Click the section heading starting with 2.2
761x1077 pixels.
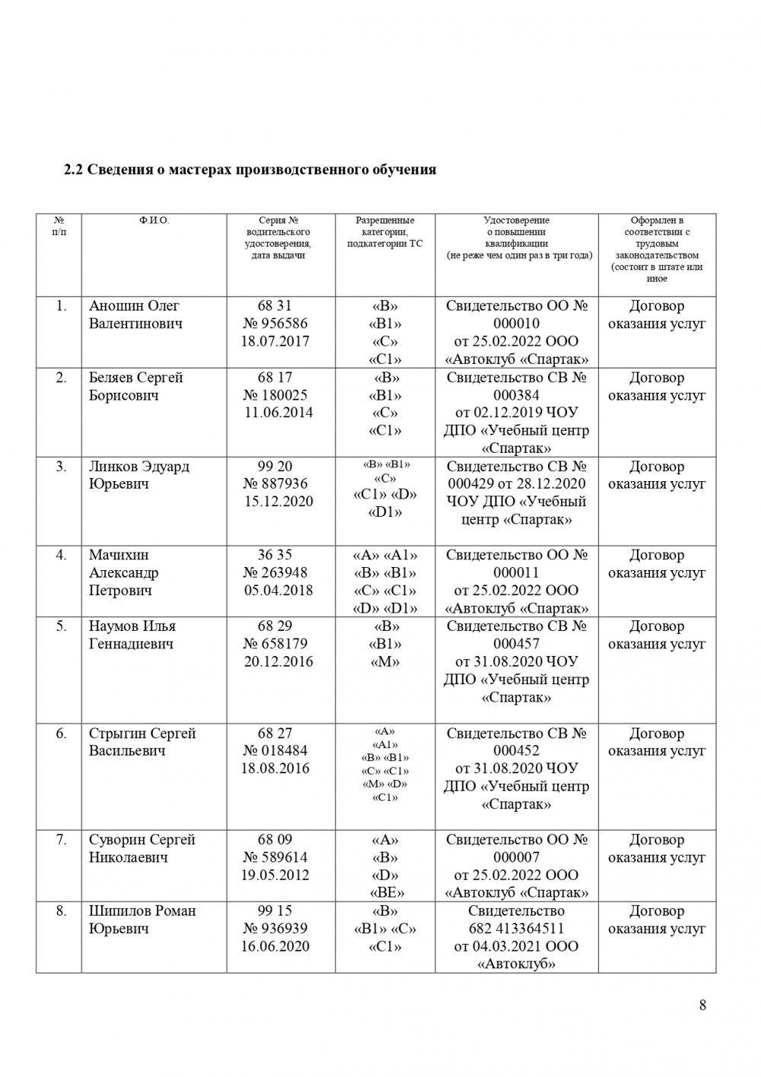pos(250,170)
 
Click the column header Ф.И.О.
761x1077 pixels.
pos(154,221)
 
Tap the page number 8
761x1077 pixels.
pos(702,1005)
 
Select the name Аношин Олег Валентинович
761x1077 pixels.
pos(135,314)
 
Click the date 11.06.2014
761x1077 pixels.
pos(278,413)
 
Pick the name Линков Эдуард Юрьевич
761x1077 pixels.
pos(139,475)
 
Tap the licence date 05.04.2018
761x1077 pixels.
pos(278,590)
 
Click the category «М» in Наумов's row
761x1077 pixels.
pos(384,661)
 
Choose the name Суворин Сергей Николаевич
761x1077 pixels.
pos(142,848)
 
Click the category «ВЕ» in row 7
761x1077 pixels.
pos(384,893)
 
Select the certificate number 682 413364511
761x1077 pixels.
pos(516,929)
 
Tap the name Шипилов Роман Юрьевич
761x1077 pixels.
pos(142,919)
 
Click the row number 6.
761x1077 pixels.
pos(61,733)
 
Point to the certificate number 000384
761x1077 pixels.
pos(516,395)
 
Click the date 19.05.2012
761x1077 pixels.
pos(275,875)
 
